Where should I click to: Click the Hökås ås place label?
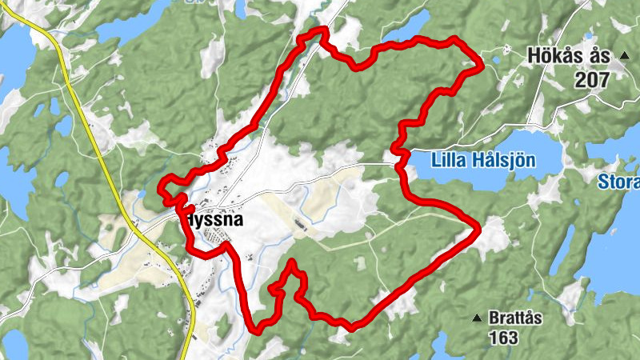569,57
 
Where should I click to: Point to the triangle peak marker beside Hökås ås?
625,56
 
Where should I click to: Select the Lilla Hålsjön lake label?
482,160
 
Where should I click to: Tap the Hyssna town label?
210,218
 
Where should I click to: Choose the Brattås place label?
516,318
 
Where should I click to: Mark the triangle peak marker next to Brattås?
477,318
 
